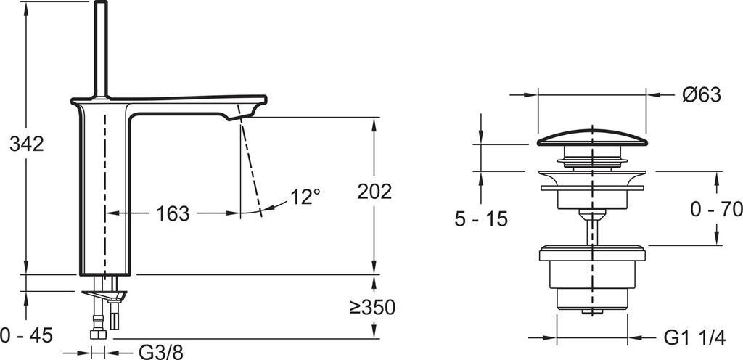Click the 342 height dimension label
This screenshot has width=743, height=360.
(x=27, y=144)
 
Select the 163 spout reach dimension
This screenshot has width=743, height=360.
(x=172, y=214)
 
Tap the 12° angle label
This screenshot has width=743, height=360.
(x=305, y=196)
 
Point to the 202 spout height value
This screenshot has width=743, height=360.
(x=374, y=192)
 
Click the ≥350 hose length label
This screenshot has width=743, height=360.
(x=372, y=308)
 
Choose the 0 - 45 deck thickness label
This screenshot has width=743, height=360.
(x=26, y=335)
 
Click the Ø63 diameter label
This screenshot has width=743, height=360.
(x=701, y=94)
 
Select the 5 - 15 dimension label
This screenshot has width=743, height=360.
(x=481, y=218)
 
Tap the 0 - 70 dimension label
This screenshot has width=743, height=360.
(x=715, y=210)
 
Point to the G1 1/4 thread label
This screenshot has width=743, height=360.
(x=694, y=337)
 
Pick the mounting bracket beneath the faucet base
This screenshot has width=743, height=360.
(x=104, y=295)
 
